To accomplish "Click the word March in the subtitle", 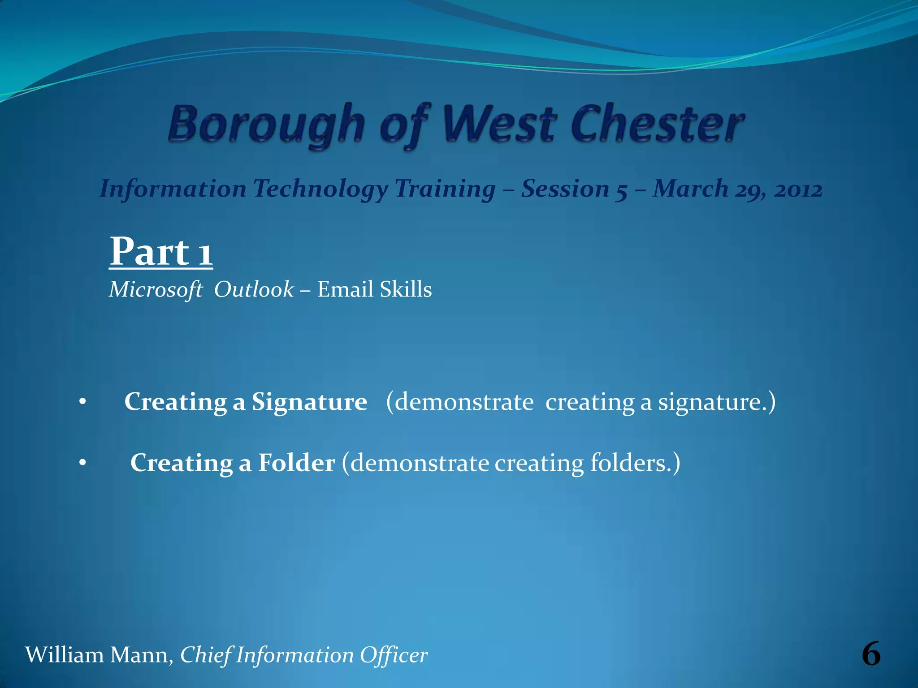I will click(690, 189).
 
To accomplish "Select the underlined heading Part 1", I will click(161, 252).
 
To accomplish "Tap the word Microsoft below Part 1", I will click(156, 289).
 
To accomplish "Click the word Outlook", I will click(254, 289).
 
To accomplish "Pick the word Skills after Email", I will click(406, 289).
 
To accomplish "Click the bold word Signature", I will click(309, 401).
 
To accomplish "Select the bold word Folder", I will click(296, 463).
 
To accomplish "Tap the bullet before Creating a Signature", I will click(82, 402).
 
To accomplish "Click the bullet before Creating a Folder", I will click(82, 464).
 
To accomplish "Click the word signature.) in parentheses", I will click(716, 401).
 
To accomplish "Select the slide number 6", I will click(871, 654).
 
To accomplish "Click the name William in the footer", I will click(64, 655).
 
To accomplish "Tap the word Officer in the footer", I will click(394, 655).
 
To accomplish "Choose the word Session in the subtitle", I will click(565, 189).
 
